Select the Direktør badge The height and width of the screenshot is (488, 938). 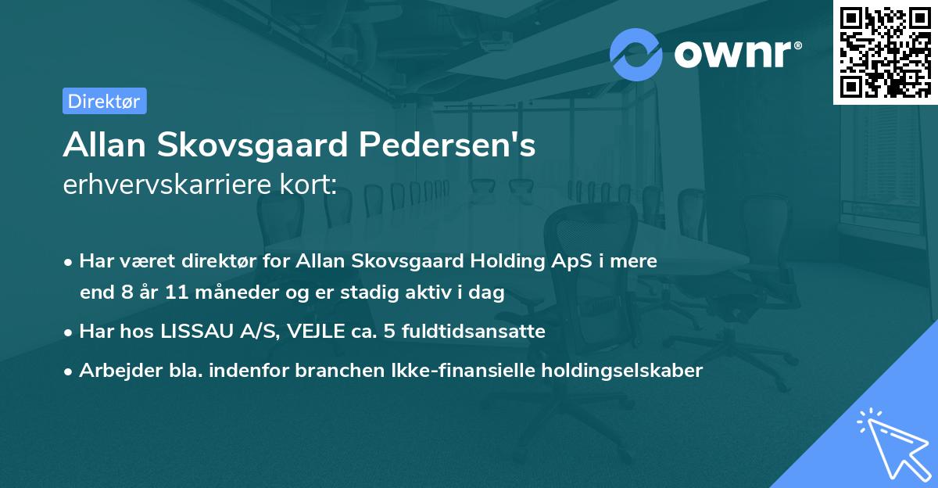tap(104, 101)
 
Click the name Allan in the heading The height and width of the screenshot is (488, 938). tap(107, 145)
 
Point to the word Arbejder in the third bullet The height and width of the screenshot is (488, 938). tap(113, 371)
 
